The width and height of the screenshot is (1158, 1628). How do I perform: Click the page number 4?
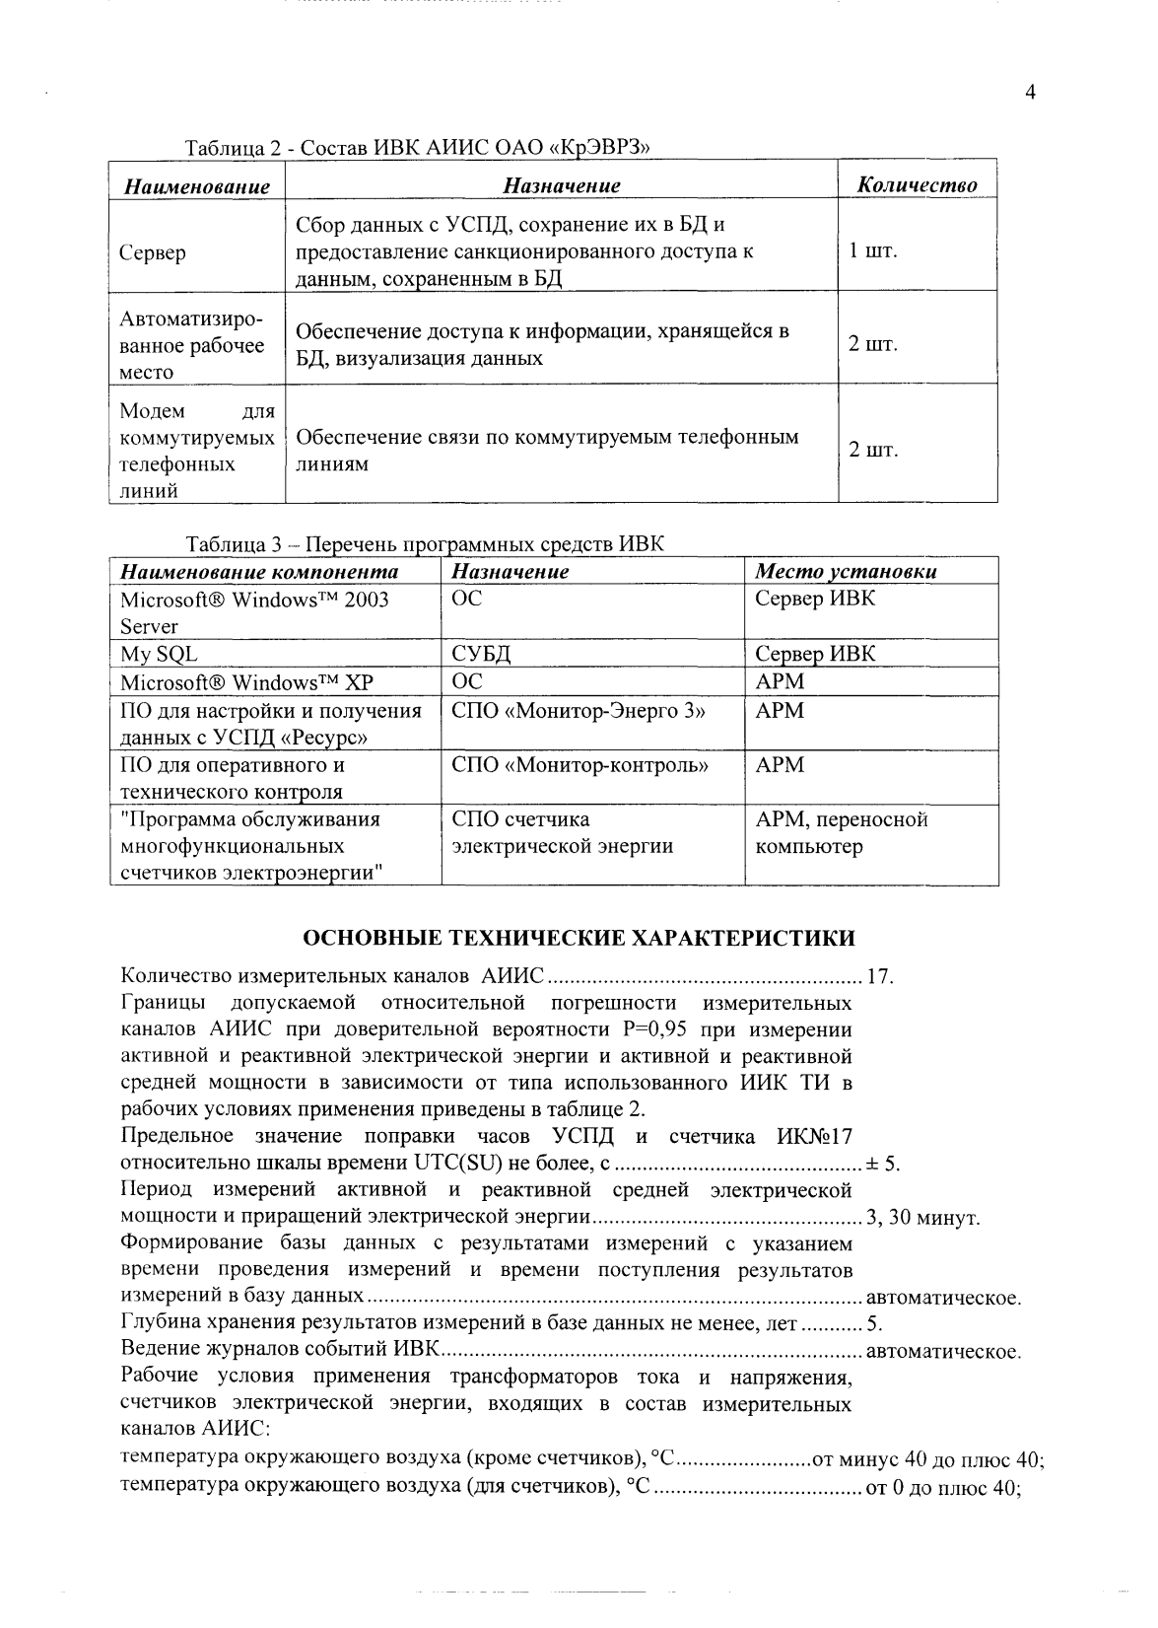tap(1030, 94)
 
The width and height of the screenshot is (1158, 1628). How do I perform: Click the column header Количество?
tap(917, 185)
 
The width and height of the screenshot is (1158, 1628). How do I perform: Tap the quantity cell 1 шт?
tap(873, 249)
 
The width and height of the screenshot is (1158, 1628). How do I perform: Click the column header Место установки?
tap(846, 572)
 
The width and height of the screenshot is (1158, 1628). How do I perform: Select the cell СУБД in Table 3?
tap(480, 655)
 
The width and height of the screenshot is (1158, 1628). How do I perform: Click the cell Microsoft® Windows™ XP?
tap(246, 682)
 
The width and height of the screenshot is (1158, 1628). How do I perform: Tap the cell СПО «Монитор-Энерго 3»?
tap(579, 710)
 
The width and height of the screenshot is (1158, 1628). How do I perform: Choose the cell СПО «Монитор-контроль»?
tap(579, 764)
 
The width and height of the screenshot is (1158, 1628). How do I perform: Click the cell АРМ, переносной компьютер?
tap(841, 832)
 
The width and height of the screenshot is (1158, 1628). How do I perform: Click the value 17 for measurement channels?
tap(878, 977)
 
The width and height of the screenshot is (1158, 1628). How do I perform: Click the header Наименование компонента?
tap(259, 572)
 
